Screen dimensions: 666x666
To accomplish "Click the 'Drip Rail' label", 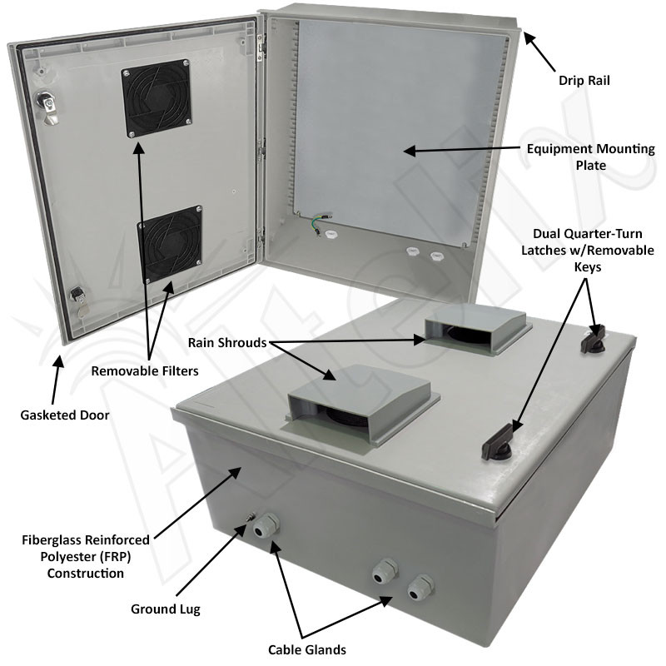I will [589, 82].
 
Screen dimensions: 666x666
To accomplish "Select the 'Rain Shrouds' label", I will [226, 342].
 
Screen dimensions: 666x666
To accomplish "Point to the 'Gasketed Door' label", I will [66, 414].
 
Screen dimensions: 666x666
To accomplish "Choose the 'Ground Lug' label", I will [166, 609].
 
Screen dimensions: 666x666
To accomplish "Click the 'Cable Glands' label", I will [306, 649].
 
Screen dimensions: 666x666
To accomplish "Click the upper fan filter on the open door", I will [157, 101].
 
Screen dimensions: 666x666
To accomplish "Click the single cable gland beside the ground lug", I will [266, 527].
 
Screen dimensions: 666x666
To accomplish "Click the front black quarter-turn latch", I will [500, 442].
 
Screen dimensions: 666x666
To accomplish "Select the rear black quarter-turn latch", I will [598, 336].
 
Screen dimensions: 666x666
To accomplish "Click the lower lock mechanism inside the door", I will [78, 299].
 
